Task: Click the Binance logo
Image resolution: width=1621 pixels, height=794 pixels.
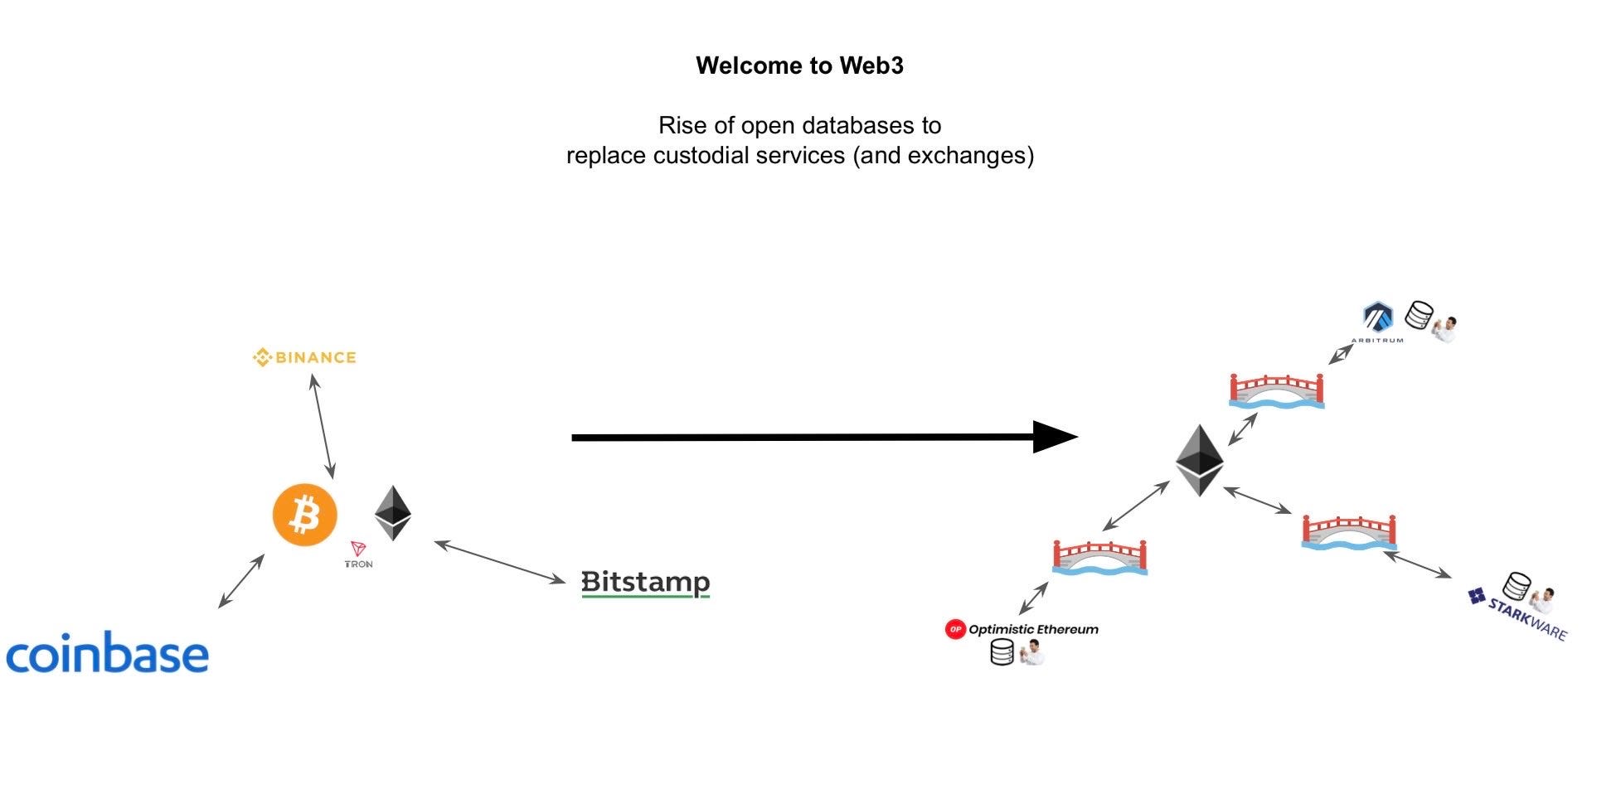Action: tap(304, 357)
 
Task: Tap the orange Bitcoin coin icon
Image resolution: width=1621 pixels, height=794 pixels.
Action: tap(305, 515)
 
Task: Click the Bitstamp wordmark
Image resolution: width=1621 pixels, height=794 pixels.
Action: tap(645, 583)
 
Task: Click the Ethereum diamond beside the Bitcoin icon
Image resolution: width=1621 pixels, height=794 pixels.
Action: tap(392, 513)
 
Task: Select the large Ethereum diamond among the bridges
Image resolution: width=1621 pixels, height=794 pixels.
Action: tap(1200, 460)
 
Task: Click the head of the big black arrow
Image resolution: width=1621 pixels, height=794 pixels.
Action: tap(1055, 437)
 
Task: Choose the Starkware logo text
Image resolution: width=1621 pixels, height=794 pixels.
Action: tap(1526, 617)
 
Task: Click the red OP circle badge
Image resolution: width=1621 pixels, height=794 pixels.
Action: tap(955, 629)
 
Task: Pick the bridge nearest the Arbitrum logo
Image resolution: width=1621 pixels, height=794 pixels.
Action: tap(1276, 390)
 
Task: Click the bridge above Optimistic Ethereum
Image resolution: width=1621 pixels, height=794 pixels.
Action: tap(1099, 556)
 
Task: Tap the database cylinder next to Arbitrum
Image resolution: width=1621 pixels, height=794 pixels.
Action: tap(1419, 316)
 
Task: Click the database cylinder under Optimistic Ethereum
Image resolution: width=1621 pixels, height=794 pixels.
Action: tap(1002, 652)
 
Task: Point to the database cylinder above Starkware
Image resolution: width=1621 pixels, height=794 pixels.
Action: tap(1517, 586)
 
